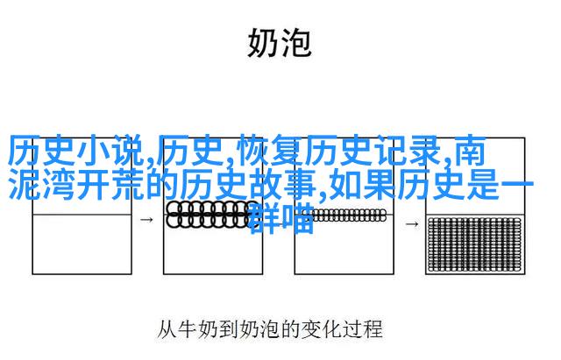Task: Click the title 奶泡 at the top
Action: coord(280,43)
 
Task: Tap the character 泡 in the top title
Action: coord(296,43)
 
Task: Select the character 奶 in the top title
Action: coord(263,43)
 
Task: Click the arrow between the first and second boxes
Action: coord(146,220)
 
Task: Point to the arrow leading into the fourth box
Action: coord(411,224)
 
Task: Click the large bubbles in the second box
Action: coord(208,215)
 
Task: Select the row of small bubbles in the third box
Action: coord(344,215)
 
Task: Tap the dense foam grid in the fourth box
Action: coord(474,244)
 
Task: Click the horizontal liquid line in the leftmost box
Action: coord(82,215)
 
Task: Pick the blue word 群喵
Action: coord(281,218)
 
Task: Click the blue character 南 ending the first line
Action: coord(470,152)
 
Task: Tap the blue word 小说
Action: coord(110,152)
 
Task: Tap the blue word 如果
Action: coord(362,185)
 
